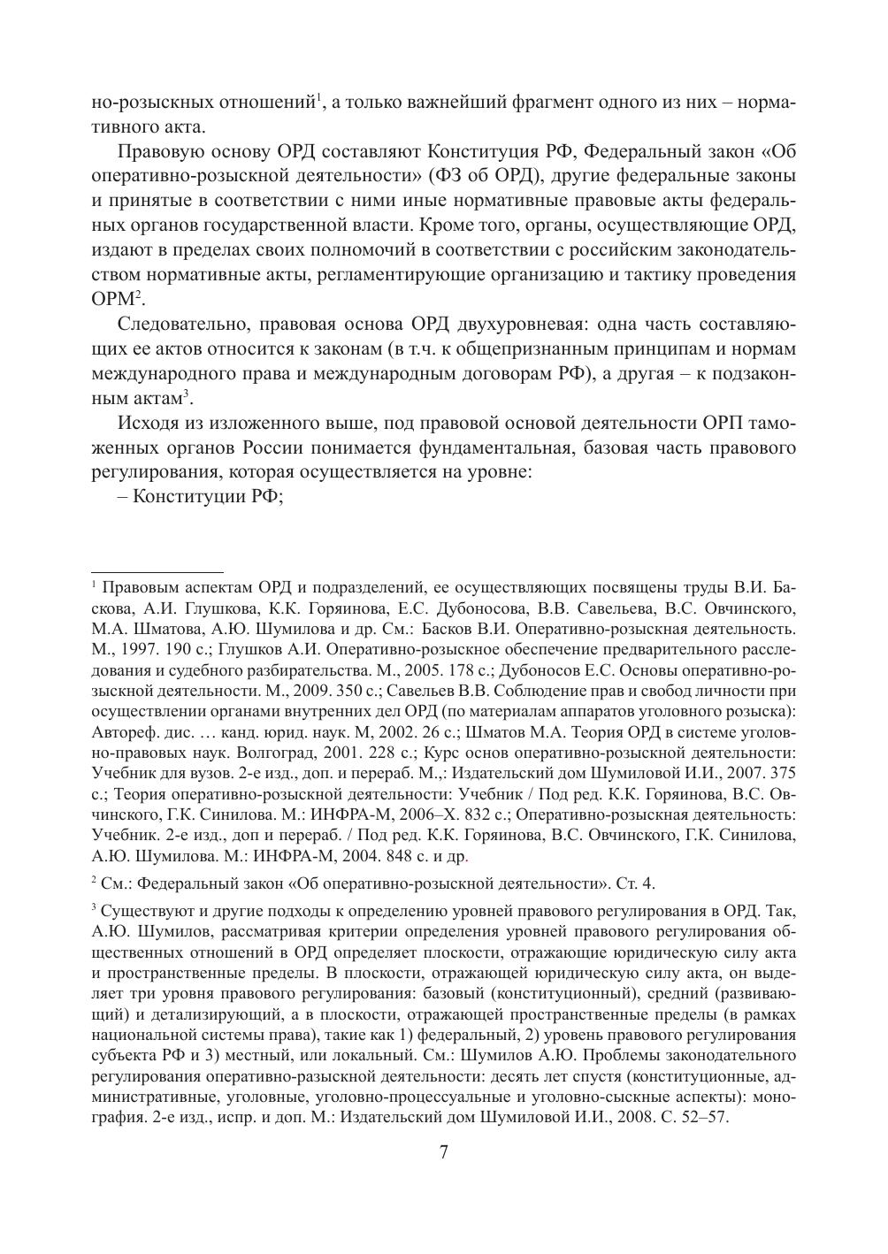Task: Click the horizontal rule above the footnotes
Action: pos(157,572)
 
